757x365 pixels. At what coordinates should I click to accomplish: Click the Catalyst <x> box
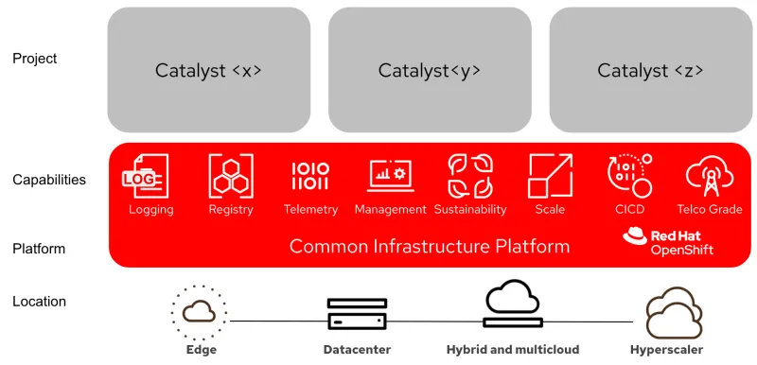[x=208, y=70]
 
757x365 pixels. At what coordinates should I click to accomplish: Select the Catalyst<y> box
[x=430, y=70]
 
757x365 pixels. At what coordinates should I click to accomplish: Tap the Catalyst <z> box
[x=650, y=70]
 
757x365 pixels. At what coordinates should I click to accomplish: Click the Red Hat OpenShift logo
[x=668, y=242]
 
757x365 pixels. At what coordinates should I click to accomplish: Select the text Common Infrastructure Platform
[x=430, y=247]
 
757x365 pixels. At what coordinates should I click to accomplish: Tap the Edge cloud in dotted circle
[x=201, y=312]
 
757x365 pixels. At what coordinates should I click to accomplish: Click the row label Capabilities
[x=49, y=180]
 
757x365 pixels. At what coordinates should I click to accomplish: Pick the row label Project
[x=35, y=59]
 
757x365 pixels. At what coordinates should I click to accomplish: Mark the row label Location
[x=40, y=302]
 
